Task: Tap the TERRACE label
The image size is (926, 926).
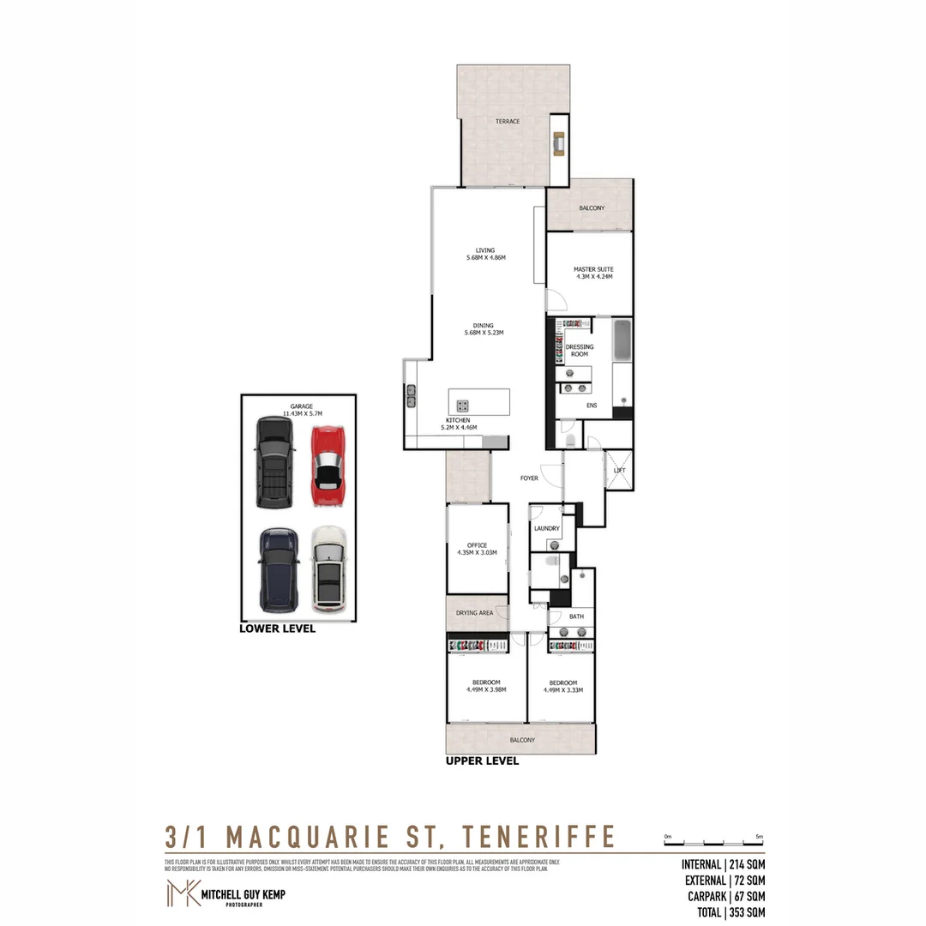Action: [x=508, y=122]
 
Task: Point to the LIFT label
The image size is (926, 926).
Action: [x=620, y=471]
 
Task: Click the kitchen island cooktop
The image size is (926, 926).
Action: [x=463, y=406]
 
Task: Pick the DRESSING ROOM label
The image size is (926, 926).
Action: [x=580, y=351]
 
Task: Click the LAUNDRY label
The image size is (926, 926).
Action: [x=547, y=529]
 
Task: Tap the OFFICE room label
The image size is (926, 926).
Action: [x=478, y=549]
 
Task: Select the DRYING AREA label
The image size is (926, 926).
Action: [x=474, y=614]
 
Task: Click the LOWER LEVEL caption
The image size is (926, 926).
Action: [x=278, y=628]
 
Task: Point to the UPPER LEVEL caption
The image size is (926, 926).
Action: [x=482, y=761]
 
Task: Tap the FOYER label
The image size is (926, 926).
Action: [x=529, y=478]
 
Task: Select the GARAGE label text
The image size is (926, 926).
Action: [x=300, y=406]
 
